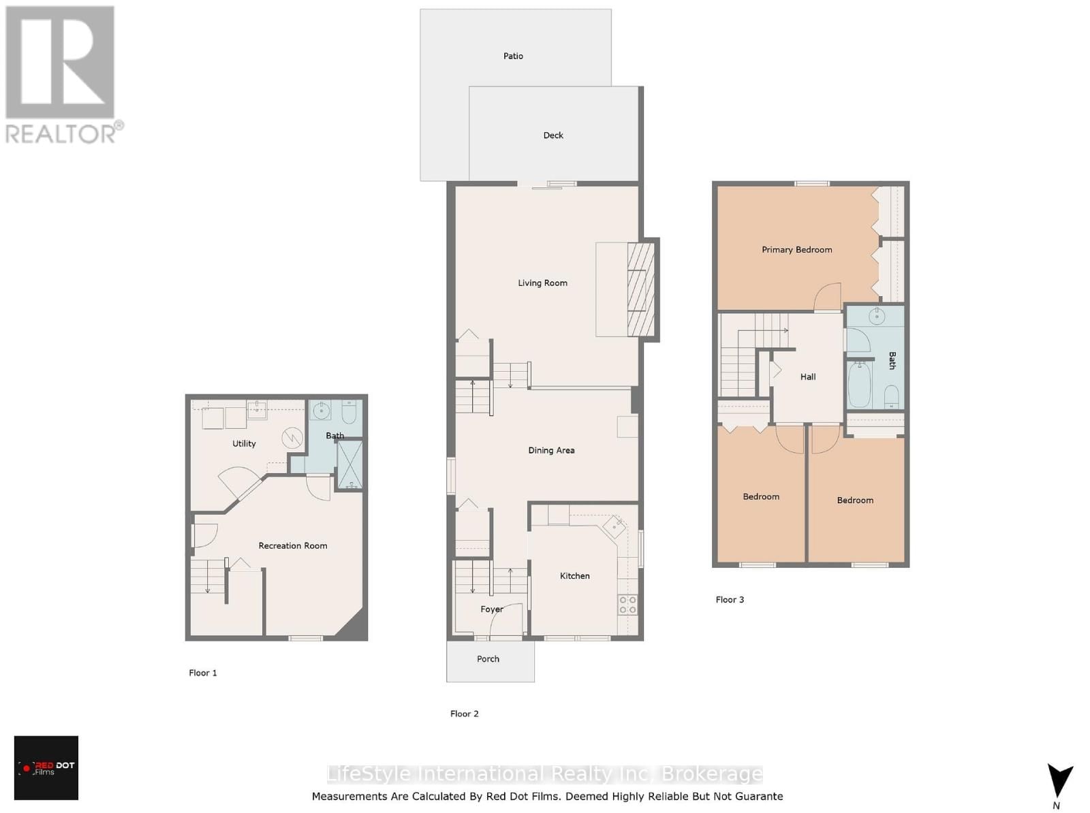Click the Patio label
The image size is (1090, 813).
(513, 56)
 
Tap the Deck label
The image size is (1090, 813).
(553, 135)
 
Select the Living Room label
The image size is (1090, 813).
(542, 283)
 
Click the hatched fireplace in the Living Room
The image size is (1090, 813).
(640, 289)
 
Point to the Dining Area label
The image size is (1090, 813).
(551, 450)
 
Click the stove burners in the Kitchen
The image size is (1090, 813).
(627, 605)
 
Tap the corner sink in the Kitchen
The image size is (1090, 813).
(617, 526)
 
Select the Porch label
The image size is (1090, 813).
(488, 658)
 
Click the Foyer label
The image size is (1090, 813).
(492, 609)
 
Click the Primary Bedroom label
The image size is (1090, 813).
(796, 249)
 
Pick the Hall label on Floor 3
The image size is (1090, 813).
(808, 377)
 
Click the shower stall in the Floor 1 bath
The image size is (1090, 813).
(350, 465)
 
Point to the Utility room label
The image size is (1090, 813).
(244, 443)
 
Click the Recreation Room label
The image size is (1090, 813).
(292, 545)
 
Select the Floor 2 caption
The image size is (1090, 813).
(464, 714)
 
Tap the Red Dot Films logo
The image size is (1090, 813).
(46, 767)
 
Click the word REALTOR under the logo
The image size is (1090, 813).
(61, 133)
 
